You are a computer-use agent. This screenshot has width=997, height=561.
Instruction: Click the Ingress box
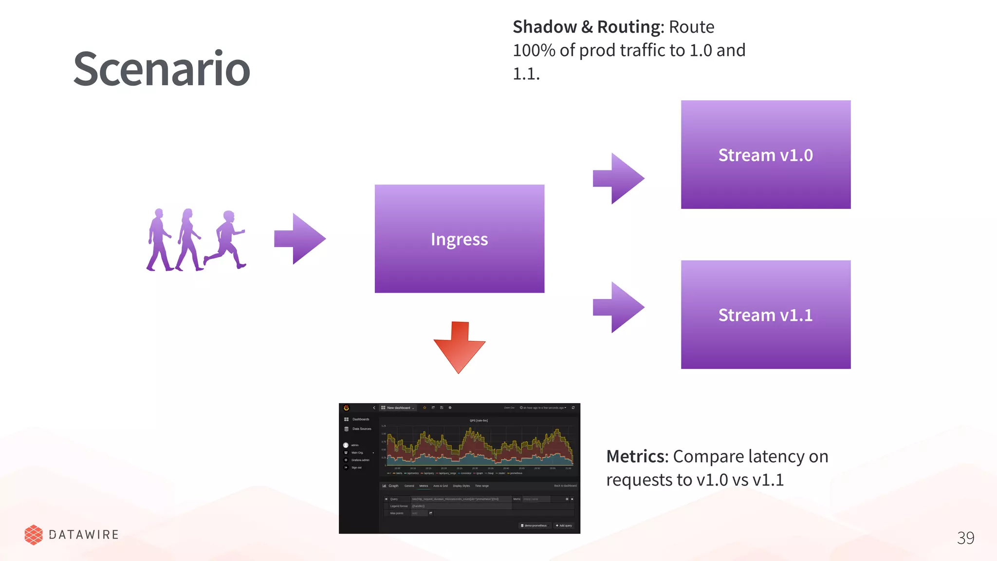[x=459, y=239]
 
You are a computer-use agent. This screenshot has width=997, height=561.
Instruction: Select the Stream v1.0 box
[x=765, y=155]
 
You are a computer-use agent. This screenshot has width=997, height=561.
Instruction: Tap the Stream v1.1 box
[x=765, y=315]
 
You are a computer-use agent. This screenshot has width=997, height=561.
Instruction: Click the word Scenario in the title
[x=162, y=69]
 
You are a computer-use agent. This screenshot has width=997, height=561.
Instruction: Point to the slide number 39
[x=965, y=538]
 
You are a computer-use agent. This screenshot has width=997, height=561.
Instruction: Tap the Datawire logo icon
[x=34, y=535]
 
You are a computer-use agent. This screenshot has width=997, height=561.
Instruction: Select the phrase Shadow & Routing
[x=588, y=27]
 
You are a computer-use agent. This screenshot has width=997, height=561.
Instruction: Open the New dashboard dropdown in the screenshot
[x=399, y=408]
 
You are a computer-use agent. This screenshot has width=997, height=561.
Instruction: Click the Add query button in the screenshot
[x=564, y=525]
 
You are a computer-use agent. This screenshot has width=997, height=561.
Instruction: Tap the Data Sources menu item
[x=361, y=429]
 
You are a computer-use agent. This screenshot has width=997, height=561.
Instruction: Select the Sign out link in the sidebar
[x=356, y=467]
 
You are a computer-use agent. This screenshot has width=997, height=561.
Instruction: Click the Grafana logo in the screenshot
[x=346, y=408]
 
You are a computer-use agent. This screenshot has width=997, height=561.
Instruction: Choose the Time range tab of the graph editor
[x=481, y=486]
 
